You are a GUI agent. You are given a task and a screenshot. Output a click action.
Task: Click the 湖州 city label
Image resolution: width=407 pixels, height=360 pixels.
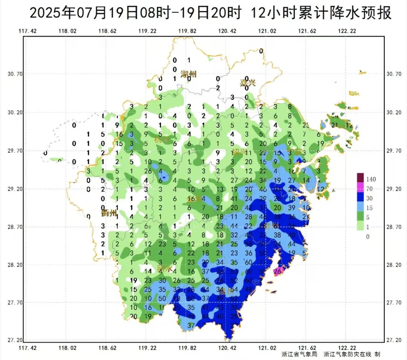tap(188, 74)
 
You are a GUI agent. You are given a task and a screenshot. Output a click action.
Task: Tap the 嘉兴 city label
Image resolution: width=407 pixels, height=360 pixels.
tap(248, 83)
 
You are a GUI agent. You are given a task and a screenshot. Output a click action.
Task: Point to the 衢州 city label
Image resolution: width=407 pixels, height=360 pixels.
tap(108, 213)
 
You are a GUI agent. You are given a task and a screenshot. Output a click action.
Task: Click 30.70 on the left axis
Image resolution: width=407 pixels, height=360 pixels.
tap(15, 74)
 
